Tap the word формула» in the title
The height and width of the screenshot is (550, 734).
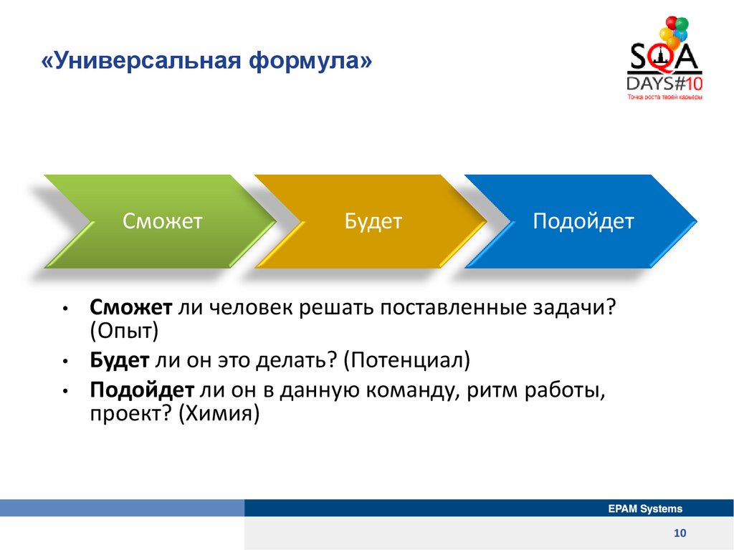(310, 62)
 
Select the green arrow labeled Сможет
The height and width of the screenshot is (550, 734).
(160, 221)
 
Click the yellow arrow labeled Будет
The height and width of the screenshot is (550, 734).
(371, 221)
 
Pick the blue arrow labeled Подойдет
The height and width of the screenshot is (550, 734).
(581, 221)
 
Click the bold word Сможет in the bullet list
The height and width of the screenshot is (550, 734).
(131, 307)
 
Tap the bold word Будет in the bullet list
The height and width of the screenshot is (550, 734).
(120, 360)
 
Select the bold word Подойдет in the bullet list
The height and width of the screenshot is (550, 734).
(142, 390)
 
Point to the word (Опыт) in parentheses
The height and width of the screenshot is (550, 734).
(124, 331)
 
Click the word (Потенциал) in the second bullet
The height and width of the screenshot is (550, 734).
(407, 360)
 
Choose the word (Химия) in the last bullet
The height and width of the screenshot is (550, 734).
(219, 413)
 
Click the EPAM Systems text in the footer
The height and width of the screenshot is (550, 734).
(645, 509)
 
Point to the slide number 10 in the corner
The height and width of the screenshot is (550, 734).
(680, 533)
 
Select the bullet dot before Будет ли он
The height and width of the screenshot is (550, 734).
(65, 362)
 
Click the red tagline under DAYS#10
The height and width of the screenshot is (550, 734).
(664, 97)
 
